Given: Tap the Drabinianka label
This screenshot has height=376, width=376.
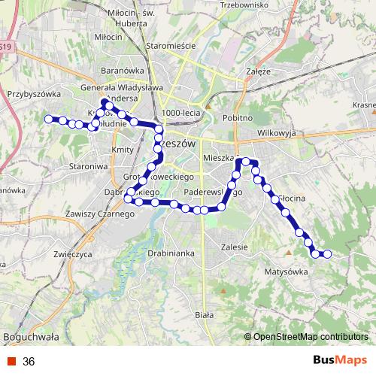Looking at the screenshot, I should (x=171, y=254).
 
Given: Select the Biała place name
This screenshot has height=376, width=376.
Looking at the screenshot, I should (x=204, y=315).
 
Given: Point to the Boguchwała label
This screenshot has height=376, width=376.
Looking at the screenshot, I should (x=32, y=336).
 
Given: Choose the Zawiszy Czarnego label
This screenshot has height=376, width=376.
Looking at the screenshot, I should (x=99, y=214).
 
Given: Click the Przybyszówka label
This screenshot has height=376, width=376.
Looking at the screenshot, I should (x=33, y=94).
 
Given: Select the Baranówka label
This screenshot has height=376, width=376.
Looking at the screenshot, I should (x=117, y=71).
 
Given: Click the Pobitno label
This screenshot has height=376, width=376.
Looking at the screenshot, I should (x=238, y=119).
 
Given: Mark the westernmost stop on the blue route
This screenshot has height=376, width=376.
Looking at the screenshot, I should (x=49, y=119).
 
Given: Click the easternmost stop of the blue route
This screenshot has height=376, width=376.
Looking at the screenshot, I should (x=327, y=254).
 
